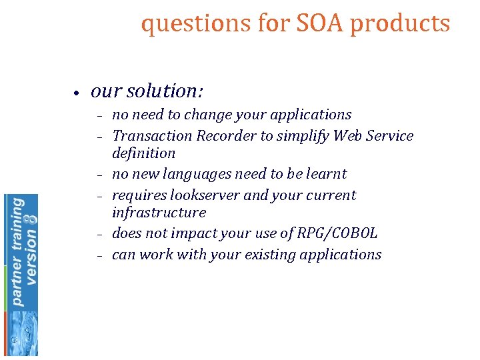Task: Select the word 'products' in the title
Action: (x=400, y=24)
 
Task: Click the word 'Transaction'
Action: (x=153, y=136)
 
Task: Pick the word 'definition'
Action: (x=143, y=153)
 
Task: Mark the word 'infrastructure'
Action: (x=159, y=213)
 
